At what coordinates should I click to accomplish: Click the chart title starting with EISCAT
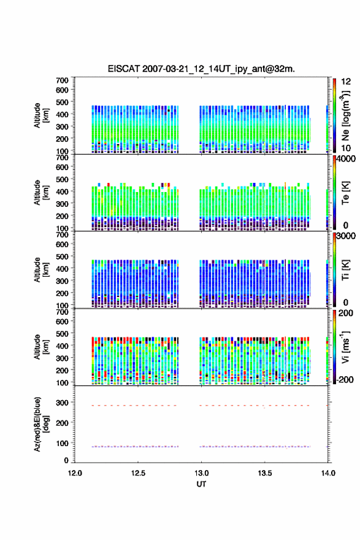(201, 69)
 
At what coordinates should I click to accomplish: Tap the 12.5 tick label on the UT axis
(138, 473)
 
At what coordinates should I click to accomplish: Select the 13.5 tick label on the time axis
(265, 473)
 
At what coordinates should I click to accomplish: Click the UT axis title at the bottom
(201, 484)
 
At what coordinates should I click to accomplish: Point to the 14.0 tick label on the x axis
(328, 473)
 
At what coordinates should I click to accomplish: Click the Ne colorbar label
(345, 116)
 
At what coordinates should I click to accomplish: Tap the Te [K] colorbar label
(345, 193)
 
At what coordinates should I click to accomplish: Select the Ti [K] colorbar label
(345, 269)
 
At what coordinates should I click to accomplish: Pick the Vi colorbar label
(345, 347)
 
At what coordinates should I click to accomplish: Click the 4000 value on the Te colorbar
(347, 159)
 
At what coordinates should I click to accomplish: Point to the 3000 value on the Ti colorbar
(347, 236)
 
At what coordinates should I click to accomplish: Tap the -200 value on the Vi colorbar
(345, 379)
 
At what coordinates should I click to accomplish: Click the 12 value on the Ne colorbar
(346, 82)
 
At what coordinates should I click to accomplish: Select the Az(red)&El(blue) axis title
(42, 424)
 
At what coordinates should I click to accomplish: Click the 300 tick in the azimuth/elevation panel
(63, 403)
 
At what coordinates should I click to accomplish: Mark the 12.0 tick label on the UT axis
(75, 473)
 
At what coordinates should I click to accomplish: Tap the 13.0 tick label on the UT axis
(201, 473)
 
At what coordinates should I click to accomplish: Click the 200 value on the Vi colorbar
(345, 313)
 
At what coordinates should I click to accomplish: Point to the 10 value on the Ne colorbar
(346, 148)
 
